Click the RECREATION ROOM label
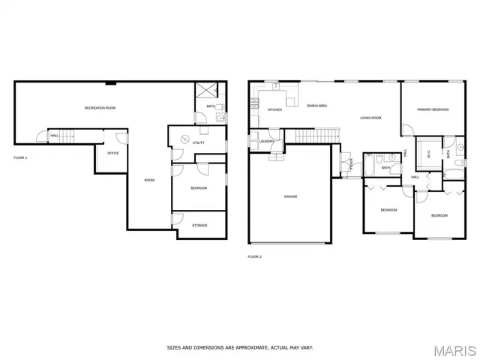[x=100, y=109]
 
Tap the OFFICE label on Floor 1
[x=113, y=153]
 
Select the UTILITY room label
[x=199, y=142]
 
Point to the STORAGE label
[x=199, y=225]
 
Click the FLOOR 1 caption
[x=20, y=158]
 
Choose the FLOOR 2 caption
[x=254, y=256]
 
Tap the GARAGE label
[x=290, y=196]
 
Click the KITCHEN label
[x=274, y=110]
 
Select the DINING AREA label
[x=316, y=106]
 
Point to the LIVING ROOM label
[x=370, y=118]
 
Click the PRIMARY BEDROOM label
[x=433, y=110]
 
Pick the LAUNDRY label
[x=266, y=141]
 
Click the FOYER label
[x=350, y=165]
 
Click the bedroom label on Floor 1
[x=199, y=187]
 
